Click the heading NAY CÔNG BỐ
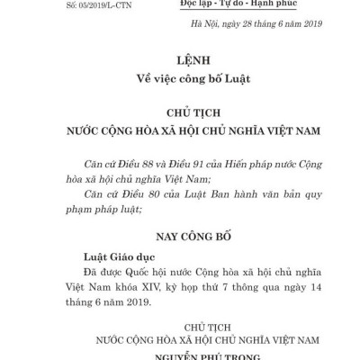tap(181, 240)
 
